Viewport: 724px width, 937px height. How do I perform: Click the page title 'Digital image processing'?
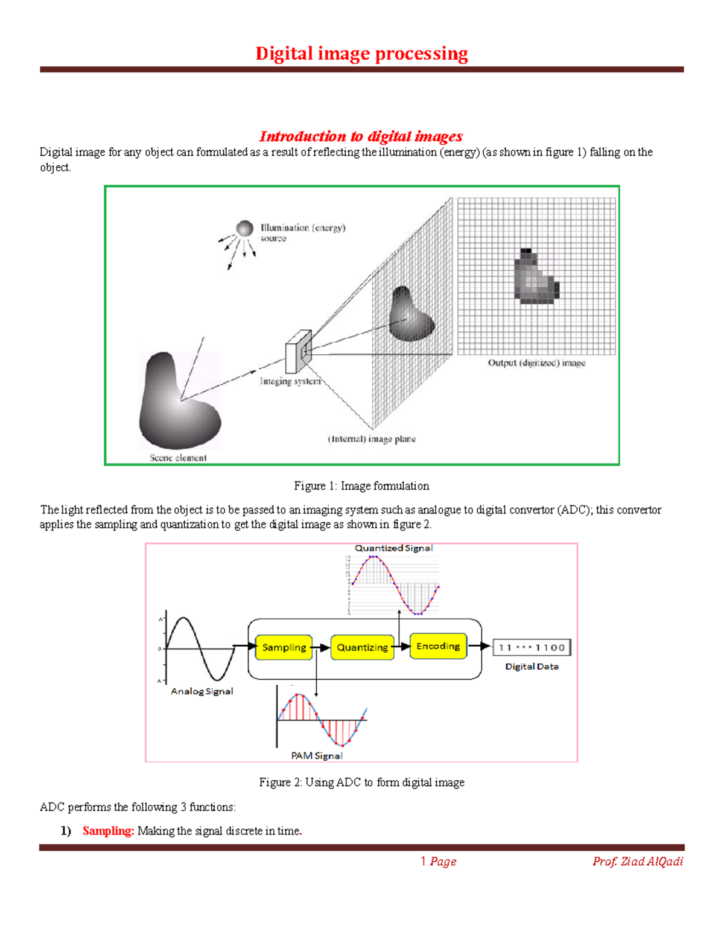361,54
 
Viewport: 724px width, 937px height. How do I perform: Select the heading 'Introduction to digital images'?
361,136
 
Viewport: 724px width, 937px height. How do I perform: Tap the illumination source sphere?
244,228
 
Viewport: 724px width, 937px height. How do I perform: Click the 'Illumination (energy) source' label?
302,232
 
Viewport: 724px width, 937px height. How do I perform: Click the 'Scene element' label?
178,458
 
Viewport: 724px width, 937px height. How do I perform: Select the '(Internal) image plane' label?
372,439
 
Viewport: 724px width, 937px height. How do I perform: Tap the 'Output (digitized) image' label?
536,363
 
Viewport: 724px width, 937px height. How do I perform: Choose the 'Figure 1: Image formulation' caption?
361,486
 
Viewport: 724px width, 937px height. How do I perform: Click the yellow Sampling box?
284,647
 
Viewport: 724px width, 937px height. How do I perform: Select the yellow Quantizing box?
362,647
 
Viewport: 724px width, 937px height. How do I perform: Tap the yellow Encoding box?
438,646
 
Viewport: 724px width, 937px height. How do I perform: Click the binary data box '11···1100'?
532,647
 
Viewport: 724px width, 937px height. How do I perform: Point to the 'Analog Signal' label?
202,691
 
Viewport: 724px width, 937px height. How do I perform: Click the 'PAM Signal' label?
317,755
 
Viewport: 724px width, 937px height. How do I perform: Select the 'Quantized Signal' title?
393,548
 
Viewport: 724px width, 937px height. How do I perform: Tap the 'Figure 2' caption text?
361,783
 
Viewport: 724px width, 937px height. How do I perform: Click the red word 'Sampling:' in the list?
108,831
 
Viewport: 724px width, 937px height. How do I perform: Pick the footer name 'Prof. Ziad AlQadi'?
638,862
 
